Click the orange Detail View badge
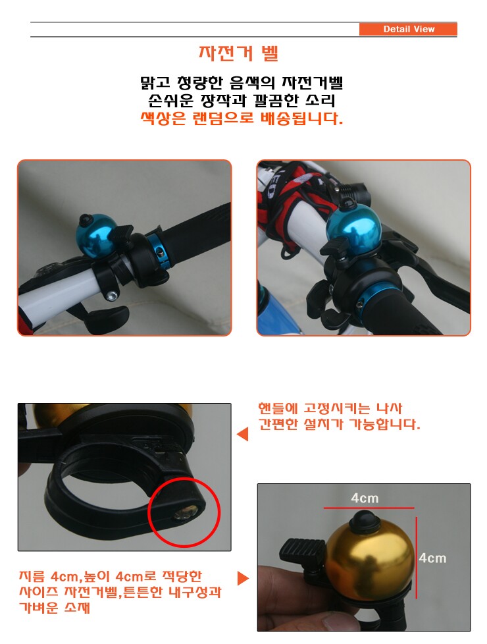click(408, 29)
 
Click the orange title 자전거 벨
click(239, 53)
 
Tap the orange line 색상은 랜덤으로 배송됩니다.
click(242, 119)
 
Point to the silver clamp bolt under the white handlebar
click(111, 295)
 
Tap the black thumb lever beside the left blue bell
click(121, 232)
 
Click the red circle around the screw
click(184, 512)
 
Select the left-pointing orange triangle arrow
click(243, 434)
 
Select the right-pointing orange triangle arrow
click(244, 578)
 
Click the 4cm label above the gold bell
click(365, 498)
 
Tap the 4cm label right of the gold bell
click(432, 558)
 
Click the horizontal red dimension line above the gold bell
click(369, 508)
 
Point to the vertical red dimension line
click(417, 558)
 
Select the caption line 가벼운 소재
click(54, 607)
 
